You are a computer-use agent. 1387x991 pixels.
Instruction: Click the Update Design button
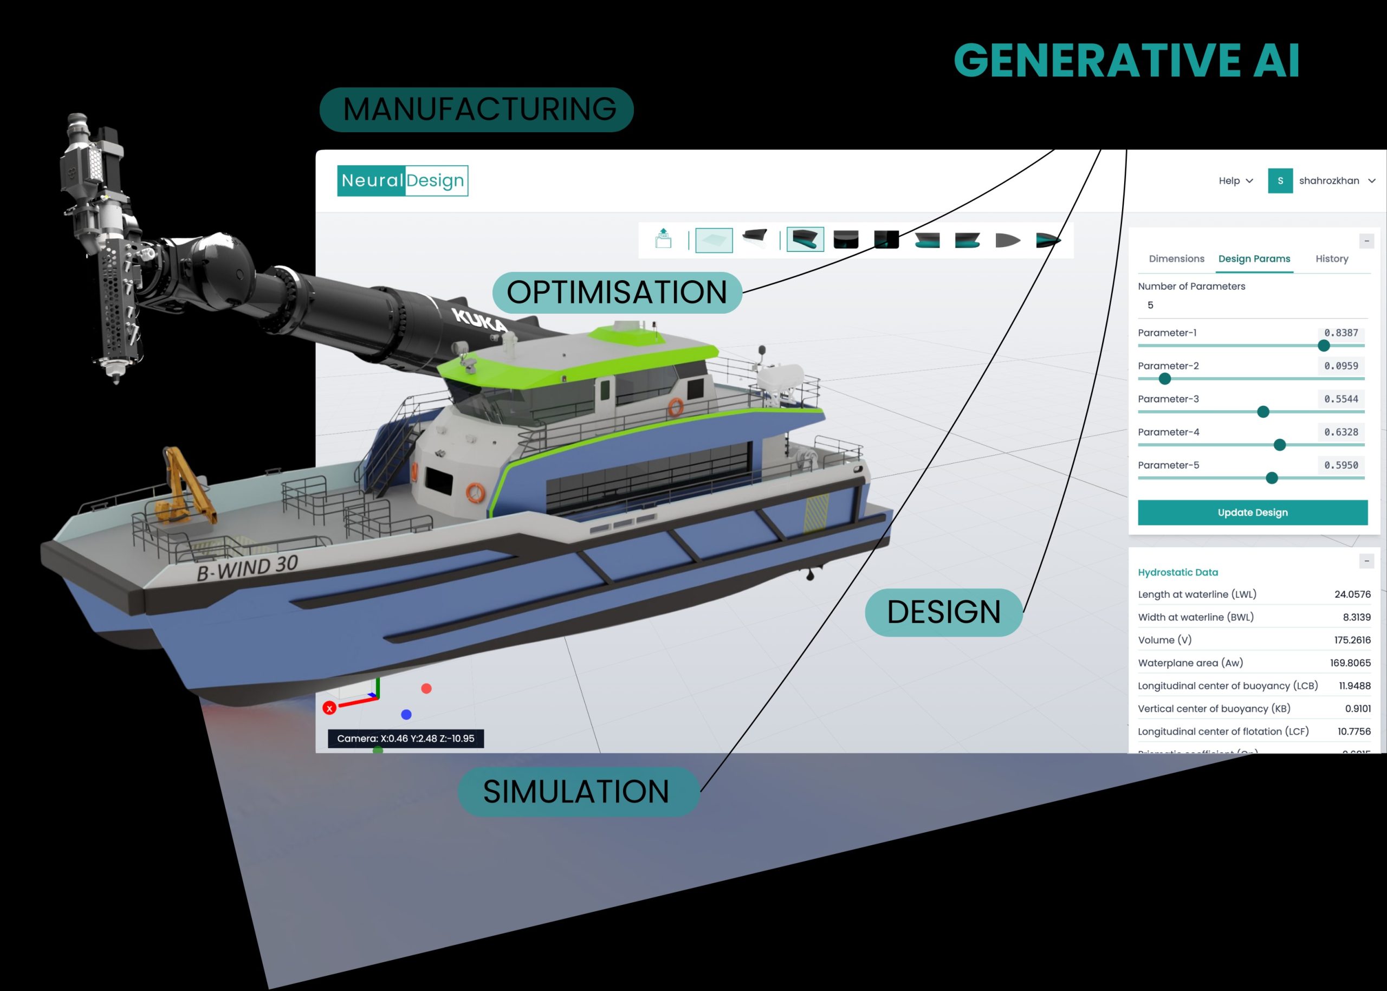(x=1252, y=513)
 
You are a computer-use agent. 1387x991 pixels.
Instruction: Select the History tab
(x=1332, y=259)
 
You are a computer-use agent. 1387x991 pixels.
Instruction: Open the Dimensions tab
(x=1176, y=259)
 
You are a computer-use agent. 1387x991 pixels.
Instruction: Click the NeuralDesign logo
(x=403, y=180)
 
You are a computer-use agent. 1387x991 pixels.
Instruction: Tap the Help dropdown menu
(x=1235, y=180)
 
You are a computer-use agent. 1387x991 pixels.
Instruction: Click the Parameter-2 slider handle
(x=1164, y=379)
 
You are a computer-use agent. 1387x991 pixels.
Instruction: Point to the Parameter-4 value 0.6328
(x=1340, y=432)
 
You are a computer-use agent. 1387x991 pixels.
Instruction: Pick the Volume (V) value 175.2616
(x=1352, y=640)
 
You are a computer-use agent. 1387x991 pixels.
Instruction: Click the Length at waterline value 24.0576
(x=1352, y=594)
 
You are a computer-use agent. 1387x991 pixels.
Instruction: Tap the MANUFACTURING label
(x=477, y=110)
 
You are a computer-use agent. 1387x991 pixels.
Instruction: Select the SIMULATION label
(x=576, y=792)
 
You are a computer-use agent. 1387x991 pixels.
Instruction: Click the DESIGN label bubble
(x=943, y=612)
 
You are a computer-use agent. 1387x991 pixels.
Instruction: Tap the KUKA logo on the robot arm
(x=479, y=319)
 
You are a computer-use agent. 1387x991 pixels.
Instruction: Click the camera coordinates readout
(x=406, y=739)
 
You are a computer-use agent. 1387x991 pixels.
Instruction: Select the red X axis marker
(x=329, y=708)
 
